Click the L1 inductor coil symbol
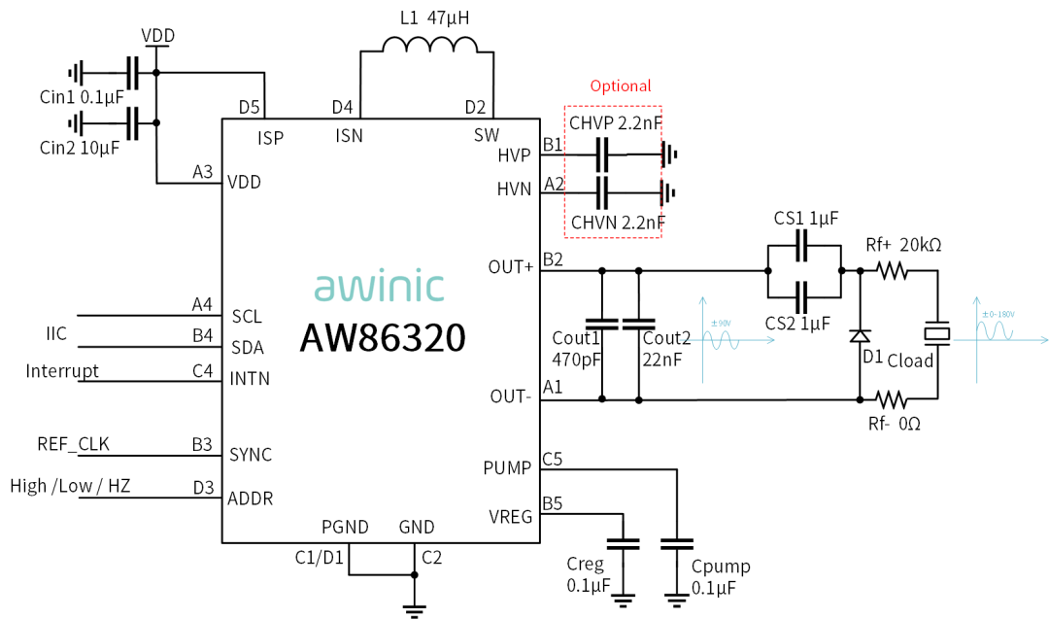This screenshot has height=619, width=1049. [428, 47]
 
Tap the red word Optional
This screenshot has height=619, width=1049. [621, 86]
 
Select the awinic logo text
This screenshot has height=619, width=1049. [380, 287]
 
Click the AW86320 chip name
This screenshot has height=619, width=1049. [382, 337]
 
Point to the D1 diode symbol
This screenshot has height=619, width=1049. [860, 335]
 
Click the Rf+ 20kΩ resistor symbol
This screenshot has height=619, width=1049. [892, 271]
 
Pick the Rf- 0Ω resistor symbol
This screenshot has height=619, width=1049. [892, 398]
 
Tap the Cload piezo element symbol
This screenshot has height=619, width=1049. [937, 333]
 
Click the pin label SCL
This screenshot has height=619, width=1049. [247, 317]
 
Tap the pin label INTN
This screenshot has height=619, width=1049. [250, 378]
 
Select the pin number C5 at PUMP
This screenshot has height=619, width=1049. [553, 459]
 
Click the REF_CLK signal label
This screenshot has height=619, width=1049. [73, 445]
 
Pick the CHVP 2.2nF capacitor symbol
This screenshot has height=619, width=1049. [602, 153]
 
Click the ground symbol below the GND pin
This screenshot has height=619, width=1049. [415, 610]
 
